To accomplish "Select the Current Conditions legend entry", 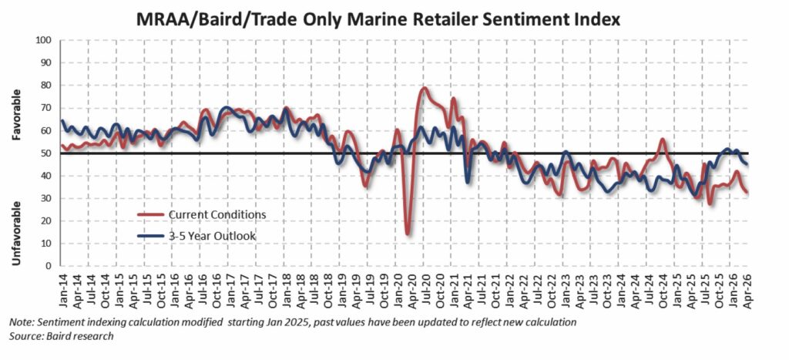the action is [202, 214].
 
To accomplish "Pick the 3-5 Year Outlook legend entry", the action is [196, 236].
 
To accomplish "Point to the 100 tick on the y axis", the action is [46, 40].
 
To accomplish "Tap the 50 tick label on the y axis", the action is [49, 153].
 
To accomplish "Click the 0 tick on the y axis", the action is [51, 266].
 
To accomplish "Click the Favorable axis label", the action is [17, 115].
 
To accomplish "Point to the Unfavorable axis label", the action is [17, 234].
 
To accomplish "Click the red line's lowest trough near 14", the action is [407, 234].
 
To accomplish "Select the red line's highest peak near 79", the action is [425, 89].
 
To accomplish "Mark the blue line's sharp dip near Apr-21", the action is [468, 182].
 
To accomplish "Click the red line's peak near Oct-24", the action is [662, 140].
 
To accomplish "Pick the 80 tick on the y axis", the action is [49, 86].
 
